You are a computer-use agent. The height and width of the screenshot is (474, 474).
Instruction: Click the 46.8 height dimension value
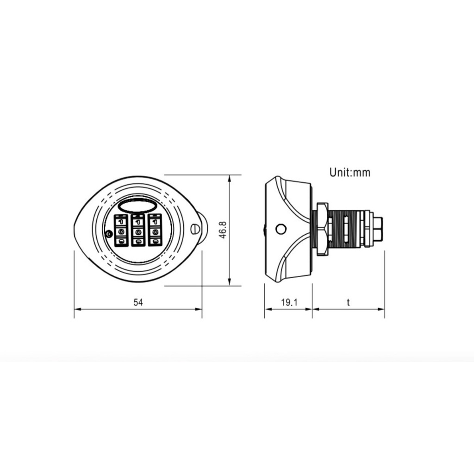[x=223, y=230]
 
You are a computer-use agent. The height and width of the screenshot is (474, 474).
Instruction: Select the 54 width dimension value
[x=138, y=302]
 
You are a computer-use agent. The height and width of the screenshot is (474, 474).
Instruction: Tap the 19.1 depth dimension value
[x=289, y=302]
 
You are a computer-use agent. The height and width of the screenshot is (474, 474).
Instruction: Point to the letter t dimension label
[x=348, y=302]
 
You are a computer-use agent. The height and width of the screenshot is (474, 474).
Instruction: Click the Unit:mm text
[x=350, y=172]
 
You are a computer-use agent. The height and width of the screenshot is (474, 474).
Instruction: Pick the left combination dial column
[x=121, y=231]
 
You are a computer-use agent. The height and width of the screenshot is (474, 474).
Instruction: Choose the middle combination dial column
[x=138, y=231]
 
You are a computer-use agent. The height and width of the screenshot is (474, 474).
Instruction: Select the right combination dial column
[x=155, y=231]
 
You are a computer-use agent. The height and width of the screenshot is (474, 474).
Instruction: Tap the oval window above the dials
[x=137, y=206]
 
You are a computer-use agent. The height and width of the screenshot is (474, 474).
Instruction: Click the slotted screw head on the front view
[x=195, y=228]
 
